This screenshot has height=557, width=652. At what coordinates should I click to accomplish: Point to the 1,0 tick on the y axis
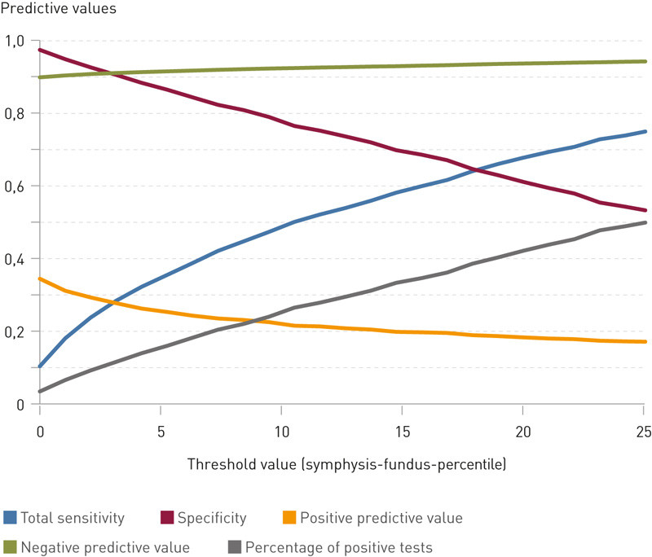pyautogui.click(x=15, y=41)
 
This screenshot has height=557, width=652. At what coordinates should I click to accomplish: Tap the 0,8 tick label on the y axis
pyautogui.click(x=15, y=113)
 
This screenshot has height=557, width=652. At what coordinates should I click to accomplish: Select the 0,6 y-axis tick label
pyautogui.click(x=15, y=186)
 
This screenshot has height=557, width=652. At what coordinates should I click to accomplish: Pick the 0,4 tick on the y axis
pyautogui.click(x=15, y=259)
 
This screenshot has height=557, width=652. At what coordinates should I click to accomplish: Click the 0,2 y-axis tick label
pyautogui.click(x=15, y=331)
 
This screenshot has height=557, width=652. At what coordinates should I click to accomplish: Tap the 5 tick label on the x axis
pyautogui.click(x=161, y=429)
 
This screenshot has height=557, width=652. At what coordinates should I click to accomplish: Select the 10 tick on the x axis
pyautogui.click(x=281, y=429)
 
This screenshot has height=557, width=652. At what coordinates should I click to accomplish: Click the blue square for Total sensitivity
pyautogui.click(x=10, y=517)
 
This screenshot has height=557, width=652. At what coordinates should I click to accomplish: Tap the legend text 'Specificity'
pyautogui.click(x=210, y=517)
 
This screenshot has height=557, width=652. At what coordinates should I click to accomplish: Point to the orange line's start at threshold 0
pyautogui.click(x=40, y=278)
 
